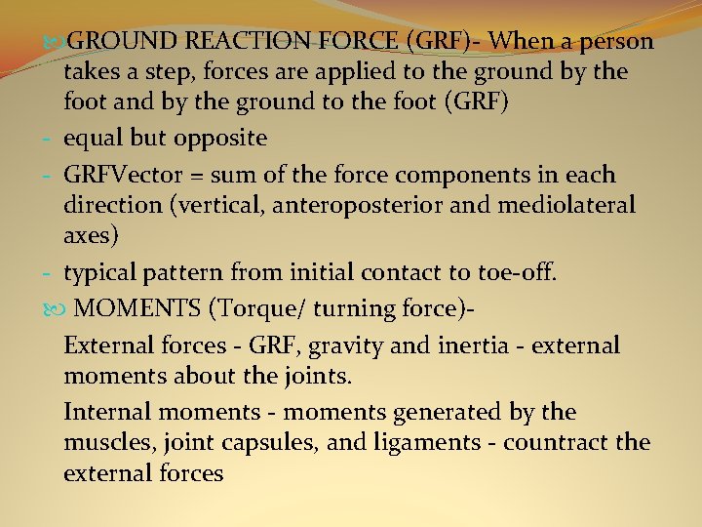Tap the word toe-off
512,272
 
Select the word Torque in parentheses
259,309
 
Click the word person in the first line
617,42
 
